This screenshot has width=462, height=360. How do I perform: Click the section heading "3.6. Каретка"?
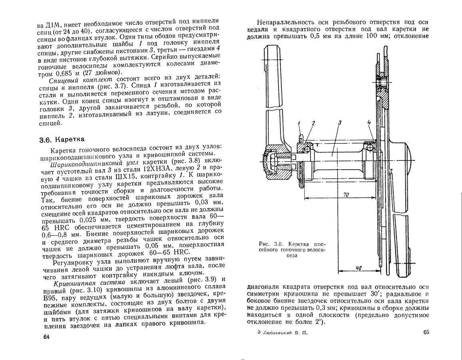[x=62, y=140]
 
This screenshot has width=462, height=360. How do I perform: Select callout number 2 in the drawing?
[x=314, y=123]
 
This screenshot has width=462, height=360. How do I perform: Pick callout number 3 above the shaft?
[x=339, y=122]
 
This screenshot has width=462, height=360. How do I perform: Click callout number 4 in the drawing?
[x=369, y=122]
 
